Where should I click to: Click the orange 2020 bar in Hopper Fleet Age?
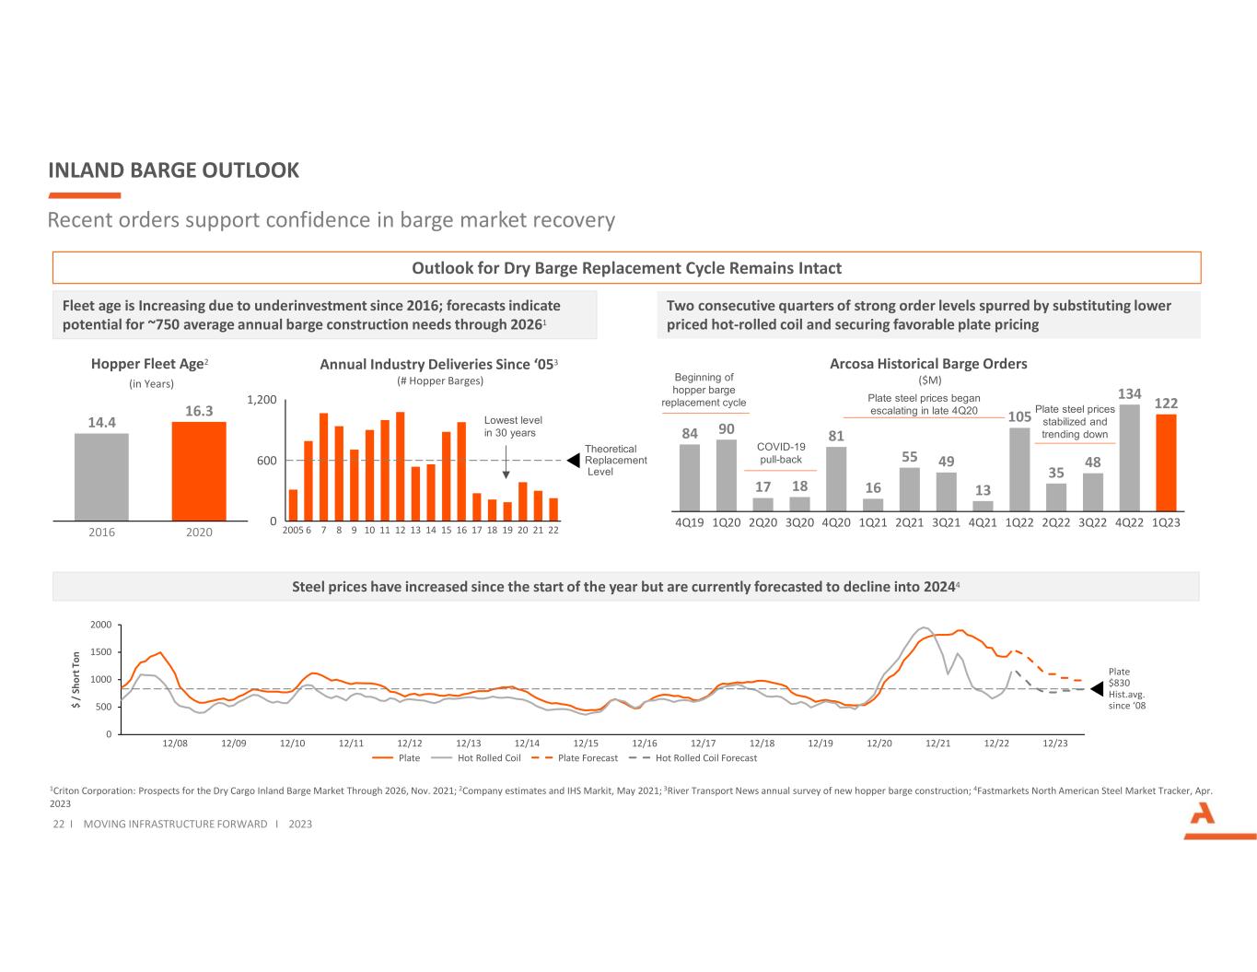point(199,471)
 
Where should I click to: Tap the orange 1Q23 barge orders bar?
point(1166,463)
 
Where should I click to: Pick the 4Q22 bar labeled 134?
point(1129,458)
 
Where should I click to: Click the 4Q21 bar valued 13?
point(983,506)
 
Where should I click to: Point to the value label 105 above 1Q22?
point(1019,416)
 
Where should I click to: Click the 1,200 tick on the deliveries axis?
point(262,400)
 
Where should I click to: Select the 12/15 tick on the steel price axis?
point(586,743)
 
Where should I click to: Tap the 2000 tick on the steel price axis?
point(101,626)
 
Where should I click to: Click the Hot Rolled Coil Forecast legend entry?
point(694,758)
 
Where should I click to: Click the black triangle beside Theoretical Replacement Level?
point(573,460)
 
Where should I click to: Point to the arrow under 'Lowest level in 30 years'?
point(506,461)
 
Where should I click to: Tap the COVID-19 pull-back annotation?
point(780,453)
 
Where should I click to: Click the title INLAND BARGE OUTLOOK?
point(173,170)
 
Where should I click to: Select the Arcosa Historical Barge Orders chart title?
point(928,364)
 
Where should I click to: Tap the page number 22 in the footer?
point(58,824)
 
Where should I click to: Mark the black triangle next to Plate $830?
point(1096,688)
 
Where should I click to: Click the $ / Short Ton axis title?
point(76,680)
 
